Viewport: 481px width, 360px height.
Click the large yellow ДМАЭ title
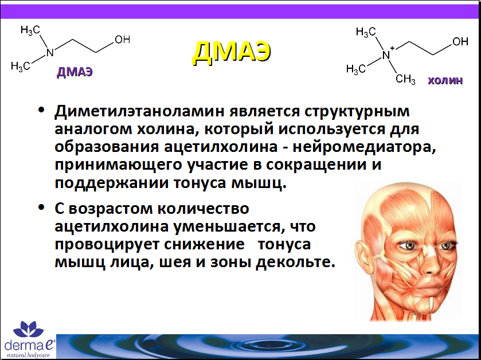[x=232, y=53]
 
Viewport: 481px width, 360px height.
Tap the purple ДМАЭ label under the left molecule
[x=75, y=72]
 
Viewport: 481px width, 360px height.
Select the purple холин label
[x=445, y=80]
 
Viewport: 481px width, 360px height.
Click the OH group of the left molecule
[x=122, y=40]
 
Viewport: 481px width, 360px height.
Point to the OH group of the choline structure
[x=460, y=41]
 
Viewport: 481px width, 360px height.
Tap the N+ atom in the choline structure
[x=388, y=54]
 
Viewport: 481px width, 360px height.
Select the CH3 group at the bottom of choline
[x=405, y=80]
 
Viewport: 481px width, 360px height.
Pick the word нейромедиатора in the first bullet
[x=364, y=147]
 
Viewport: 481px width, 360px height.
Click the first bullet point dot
[x=41, y=109]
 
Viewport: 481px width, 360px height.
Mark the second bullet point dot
[x=41, y=207]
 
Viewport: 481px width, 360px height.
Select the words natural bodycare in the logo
[x=28, y=355]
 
